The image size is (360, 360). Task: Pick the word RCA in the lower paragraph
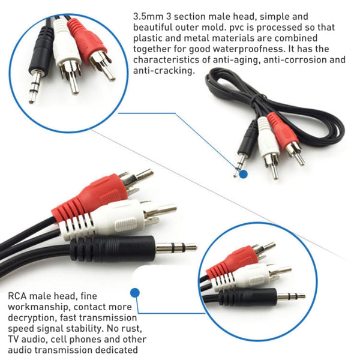[x=19, y=296]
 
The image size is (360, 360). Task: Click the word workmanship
[x=40, y=307]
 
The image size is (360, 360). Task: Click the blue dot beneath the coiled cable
[x=243, y=174]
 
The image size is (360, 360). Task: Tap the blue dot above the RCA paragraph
[x=135, y=293]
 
